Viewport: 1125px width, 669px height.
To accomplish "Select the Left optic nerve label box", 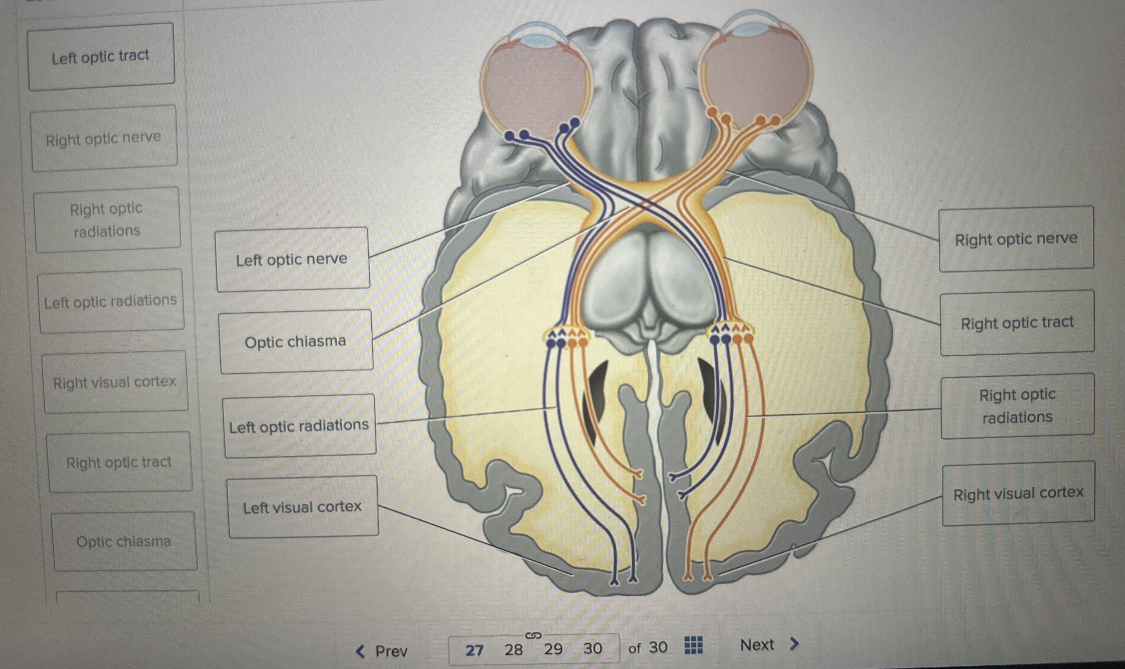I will pyautogui.click(x=293, y=259).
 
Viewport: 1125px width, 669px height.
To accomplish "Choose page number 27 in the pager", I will pyautogui.click(x=474, y=650).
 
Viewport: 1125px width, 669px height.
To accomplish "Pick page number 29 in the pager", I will pyautogui.click(x=553, y=649).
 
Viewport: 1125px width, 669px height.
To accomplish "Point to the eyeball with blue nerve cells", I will pyautogui.click(x=535, y=86).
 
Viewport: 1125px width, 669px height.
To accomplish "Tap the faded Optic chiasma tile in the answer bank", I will pyautogui.click(x=124, y=541).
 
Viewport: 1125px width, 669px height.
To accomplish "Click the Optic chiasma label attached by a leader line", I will pyautogui.click(x=296, y=341).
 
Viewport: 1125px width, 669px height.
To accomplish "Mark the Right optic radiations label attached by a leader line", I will pyautogui.click(x=1017, y=406).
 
